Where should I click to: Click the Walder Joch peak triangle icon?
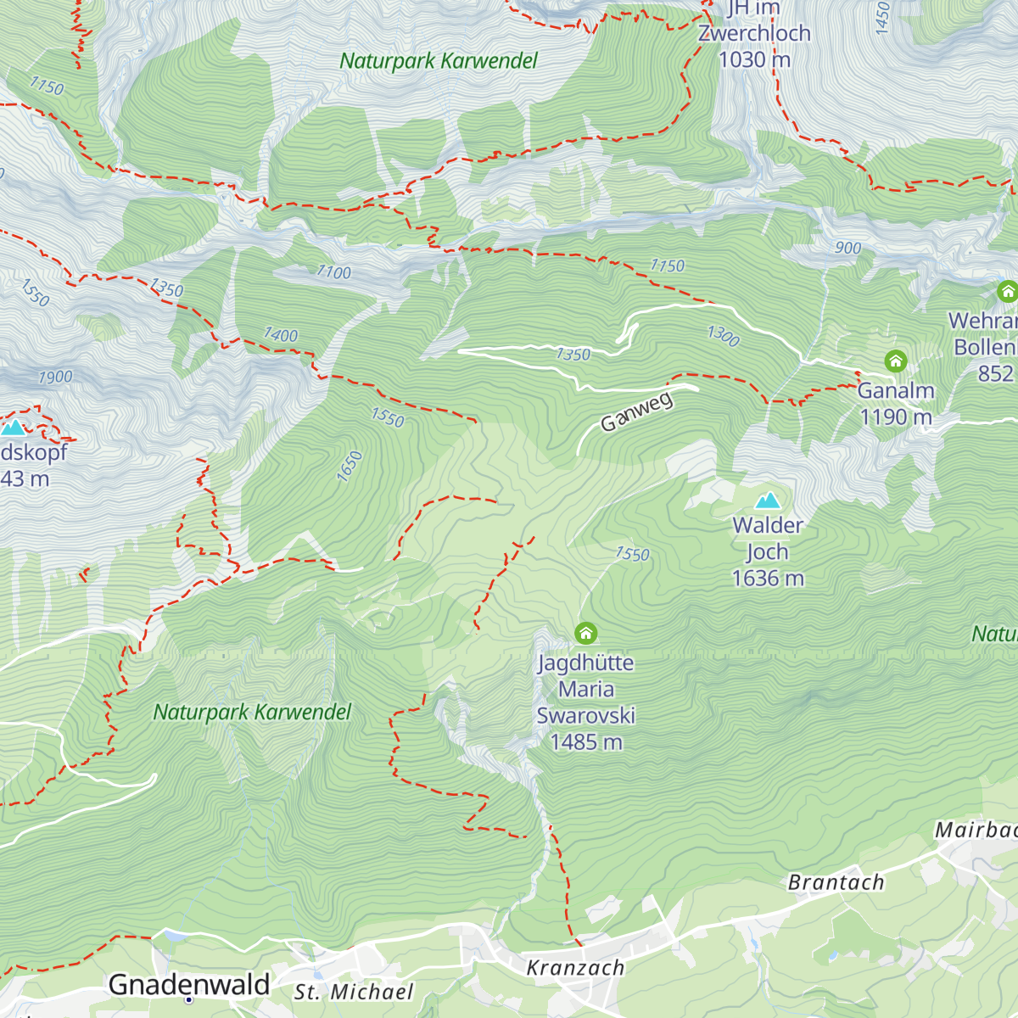point(768,500)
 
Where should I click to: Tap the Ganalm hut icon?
point(896,361)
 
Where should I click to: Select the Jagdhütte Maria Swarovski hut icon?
point(585,633)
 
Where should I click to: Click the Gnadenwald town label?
point(189,985)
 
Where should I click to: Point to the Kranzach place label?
point(575,968)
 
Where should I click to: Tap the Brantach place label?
point(836,883)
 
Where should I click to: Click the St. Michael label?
point(354,993)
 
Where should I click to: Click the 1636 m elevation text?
point(768,579)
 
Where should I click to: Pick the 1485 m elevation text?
point(586,742)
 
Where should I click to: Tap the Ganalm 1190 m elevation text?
point(896,417)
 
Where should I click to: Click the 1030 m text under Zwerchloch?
point(754,59)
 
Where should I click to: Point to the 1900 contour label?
point(55,378)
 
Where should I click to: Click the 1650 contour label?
point(350,467)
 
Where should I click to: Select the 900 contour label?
point(847,248)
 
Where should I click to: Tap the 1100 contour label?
point(333,272)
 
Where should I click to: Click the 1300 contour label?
point(724,336)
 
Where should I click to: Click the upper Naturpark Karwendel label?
point(439,61)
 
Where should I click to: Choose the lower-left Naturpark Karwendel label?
point(252,713)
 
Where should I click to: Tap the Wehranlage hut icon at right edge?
point(1007,292)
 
